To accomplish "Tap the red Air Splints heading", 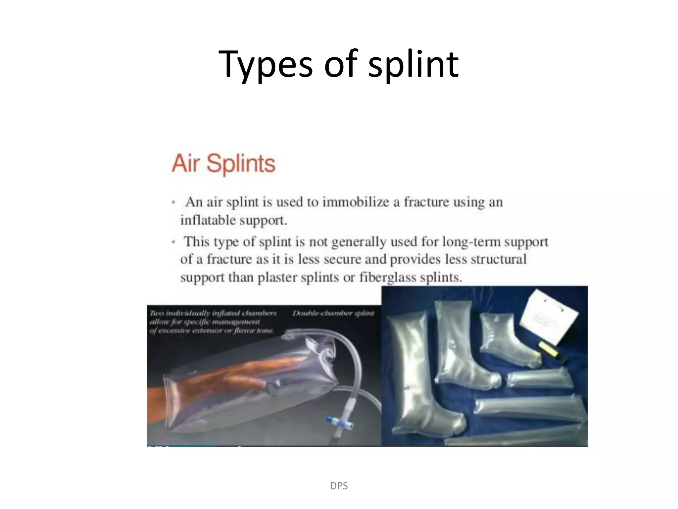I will [x=223, y=163].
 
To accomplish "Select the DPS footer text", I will [x=339, y=486].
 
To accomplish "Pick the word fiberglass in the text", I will [x=388, y=277].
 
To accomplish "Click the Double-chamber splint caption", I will [x=333, y=313].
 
